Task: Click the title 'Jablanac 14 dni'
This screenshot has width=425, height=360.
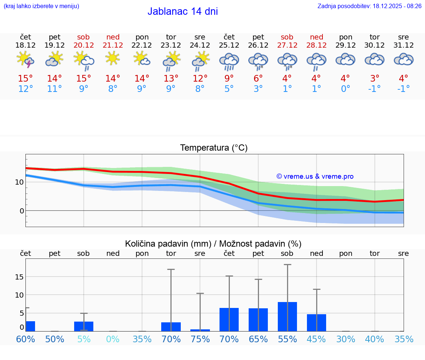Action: click(183, 11)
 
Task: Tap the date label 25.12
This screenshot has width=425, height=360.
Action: click(229, 45)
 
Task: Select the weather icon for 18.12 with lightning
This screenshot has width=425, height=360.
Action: click(25, 60)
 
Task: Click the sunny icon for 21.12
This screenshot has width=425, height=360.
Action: click(113, 59)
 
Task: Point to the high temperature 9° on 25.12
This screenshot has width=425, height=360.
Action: click(229, 78)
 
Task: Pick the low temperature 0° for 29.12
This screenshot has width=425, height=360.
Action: click(345, 89)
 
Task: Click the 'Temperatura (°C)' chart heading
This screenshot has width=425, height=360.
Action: click(214, 148)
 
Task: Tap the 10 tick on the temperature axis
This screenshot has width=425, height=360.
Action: click(19, 182)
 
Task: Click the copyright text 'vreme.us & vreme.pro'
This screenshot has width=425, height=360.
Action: click(315, 176)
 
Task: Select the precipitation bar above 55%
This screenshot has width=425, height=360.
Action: click(287, 316)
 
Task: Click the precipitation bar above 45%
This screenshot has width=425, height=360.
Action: click(317, 322)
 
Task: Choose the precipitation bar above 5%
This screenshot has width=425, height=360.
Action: click(84, 326)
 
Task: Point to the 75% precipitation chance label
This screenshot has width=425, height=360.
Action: click(200, 339)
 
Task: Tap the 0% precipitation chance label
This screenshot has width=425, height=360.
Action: click(113, 339)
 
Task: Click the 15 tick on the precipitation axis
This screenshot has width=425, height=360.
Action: click(19, 277)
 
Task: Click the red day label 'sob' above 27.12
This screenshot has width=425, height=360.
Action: click(287, 37)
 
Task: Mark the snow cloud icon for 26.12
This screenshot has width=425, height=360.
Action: click(258, 61)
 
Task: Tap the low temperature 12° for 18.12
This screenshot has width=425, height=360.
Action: click(25, 89)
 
